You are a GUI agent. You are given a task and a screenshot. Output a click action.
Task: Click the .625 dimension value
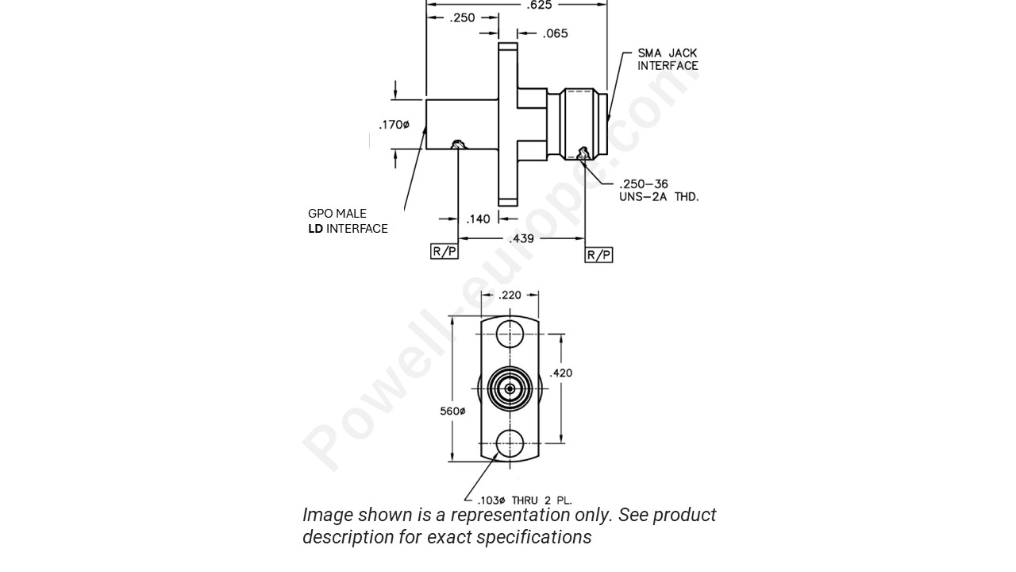539,5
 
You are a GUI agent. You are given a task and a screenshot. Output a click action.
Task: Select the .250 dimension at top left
462,17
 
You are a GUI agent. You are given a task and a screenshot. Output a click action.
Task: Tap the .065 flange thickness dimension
555,33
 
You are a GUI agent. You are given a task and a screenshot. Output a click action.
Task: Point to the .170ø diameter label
394,125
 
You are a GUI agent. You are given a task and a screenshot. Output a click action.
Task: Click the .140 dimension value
478,219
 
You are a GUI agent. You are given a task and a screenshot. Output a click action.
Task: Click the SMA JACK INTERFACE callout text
668,60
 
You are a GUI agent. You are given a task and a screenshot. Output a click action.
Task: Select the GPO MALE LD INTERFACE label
348,221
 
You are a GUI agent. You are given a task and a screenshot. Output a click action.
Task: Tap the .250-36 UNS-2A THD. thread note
658,191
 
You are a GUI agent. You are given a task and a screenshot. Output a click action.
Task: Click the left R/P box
444,252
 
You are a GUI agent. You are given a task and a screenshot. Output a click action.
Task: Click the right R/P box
598,254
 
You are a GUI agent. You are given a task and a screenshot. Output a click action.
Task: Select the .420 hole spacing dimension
561,373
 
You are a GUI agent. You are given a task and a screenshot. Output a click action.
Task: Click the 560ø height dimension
452,411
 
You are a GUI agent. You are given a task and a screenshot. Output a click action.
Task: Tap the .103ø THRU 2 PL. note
524,500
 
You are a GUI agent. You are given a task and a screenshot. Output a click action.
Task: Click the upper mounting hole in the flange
510,334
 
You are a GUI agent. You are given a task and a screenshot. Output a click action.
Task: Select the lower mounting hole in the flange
510,443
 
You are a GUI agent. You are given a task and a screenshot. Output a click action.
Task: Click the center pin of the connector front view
510,388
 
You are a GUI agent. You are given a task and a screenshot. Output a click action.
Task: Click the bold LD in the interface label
315,229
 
